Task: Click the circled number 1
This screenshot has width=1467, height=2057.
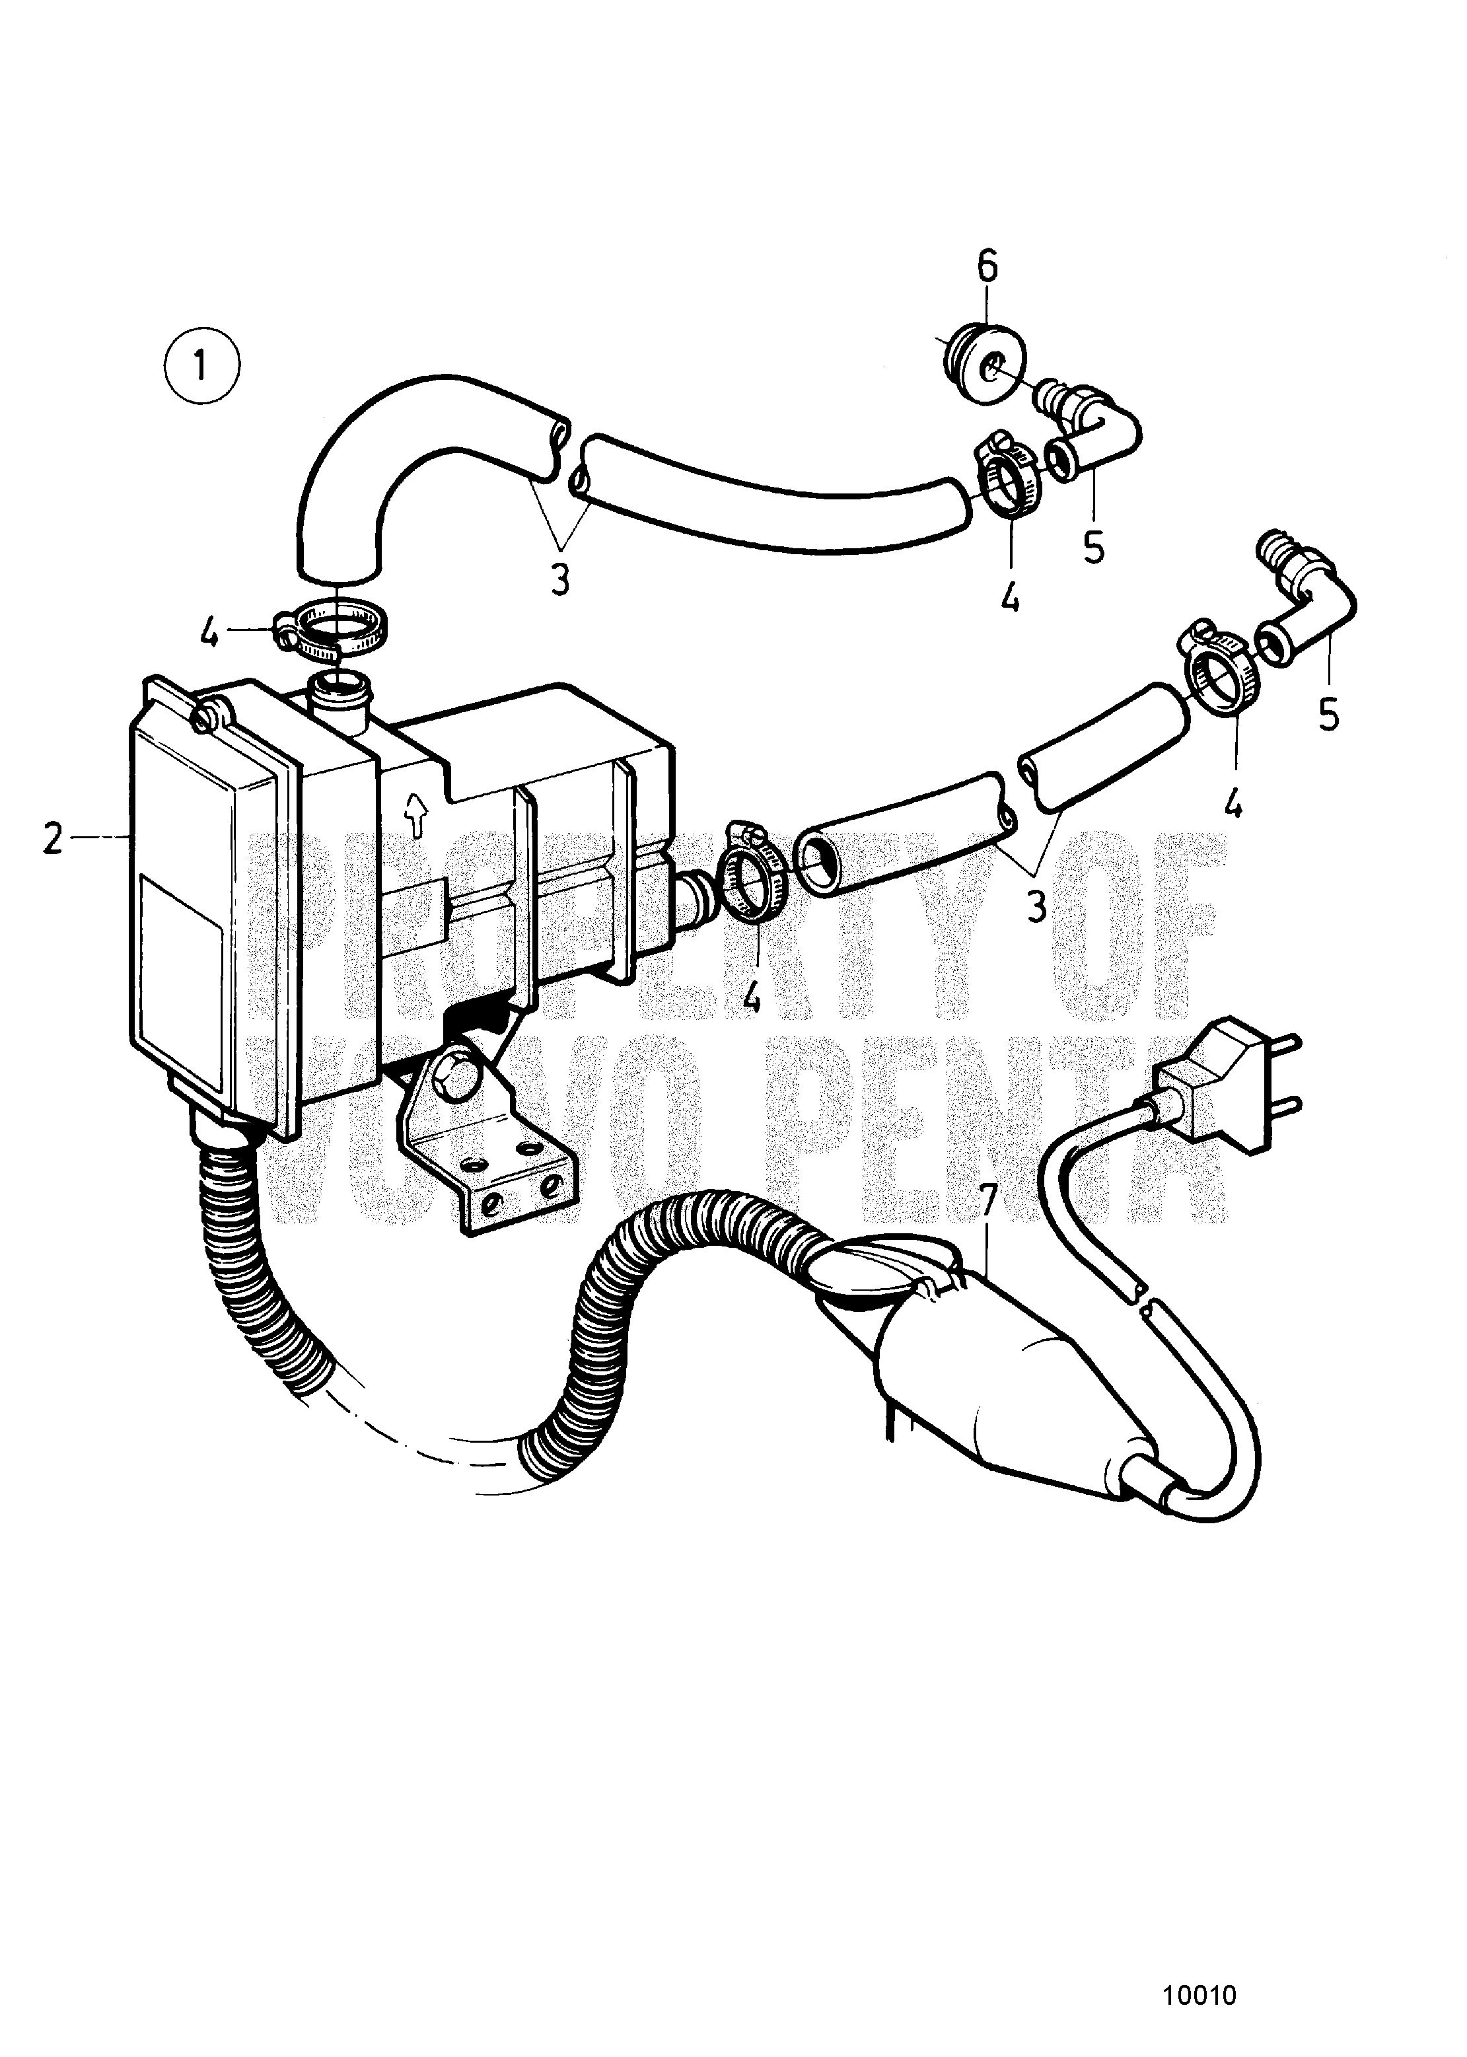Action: [x=201, y=368]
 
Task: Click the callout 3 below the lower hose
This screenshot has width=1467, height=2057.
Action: [x=1036, y=904]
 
